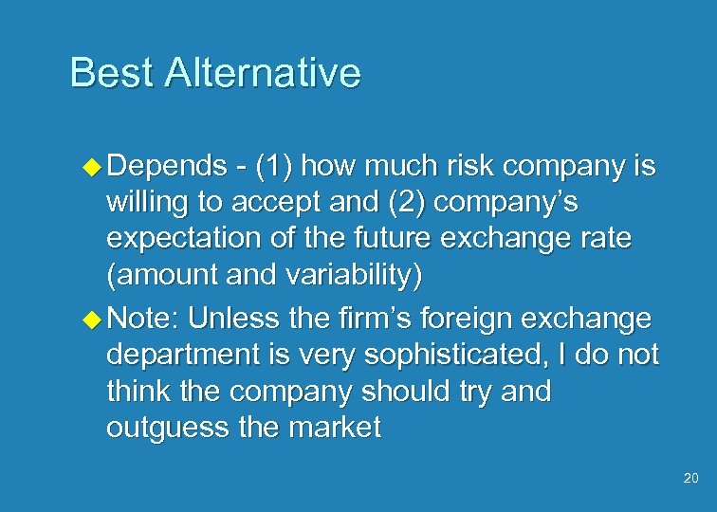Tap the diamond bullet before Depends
click(x=93, y=167)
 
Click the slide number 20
click(x=689, y=479)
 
